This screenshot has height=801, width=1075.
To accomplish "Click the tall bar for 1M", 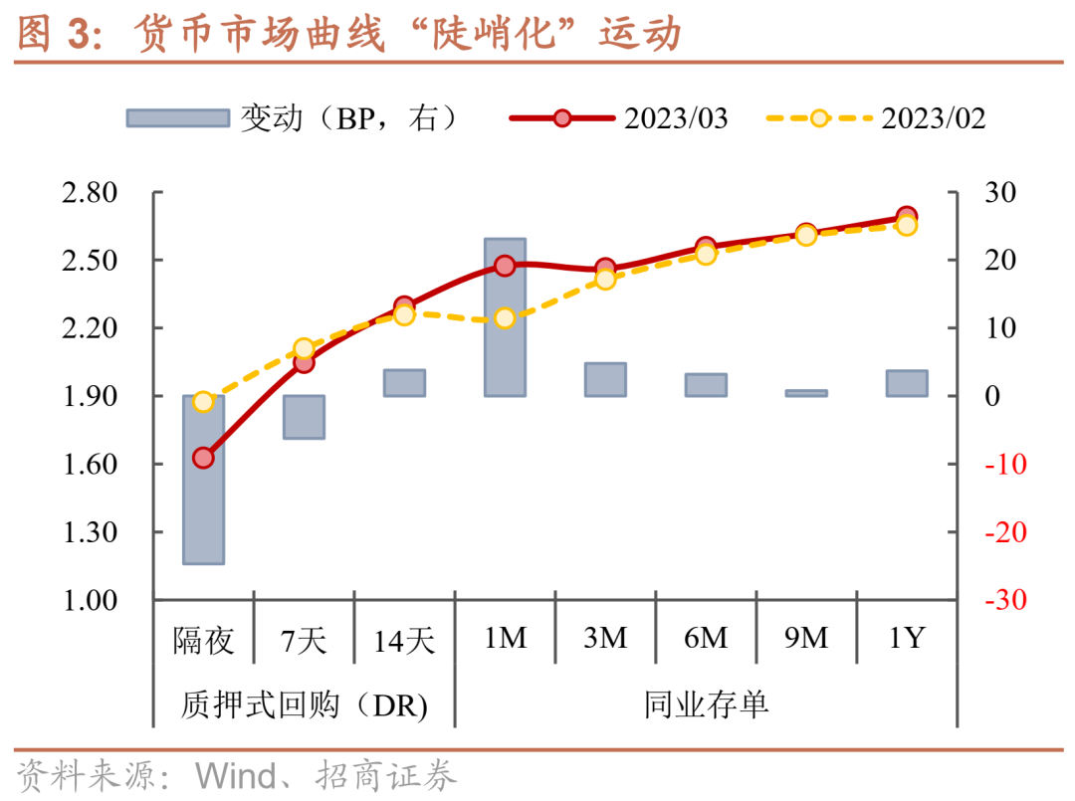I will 505,316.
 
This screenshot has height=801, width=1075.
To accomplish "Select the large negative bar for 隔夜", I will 203,480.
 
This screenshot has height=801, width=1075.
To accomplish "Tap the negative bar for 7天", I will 304,417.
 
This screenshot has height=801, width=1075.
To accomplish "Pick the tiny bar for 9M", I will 806,393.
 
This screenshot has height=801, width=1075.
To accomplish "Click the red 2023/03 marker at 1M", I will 505,266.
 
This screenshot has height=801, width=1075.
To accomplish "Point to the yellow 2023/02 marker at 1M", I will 505,318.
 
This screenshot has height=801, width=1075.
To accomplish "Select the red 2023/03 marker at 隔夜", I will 203,458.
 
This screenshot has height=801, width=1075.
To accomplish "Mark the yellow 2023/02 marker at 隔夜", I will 203,402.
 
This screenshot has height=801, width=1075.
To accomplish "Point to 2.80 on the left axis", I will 89,192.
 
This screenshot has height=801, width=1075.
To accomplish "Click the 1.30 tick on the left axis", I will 89,532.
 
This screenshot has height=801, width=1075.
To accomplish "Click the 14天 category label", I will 404,639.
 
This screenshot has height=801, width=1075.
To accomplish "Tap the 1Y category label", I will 907,638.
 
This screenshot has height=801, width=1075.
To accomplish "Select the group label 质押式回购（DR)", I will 305,705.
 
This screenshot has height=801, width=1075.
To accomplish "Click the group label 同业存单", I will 706,705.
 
